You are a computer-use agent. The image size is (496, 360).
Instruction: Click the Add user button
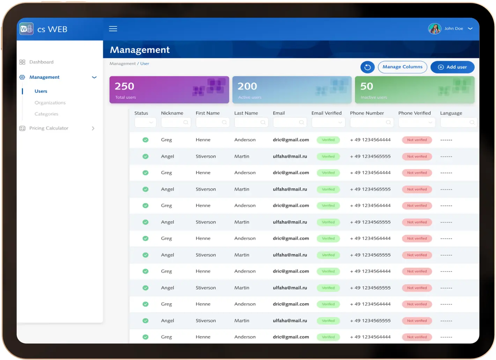[452, 67]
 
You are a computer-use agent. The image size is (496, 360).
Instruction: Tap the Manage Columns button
[402, 67]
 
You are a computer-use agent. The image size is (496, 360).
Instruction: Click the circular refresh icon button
[368, 67]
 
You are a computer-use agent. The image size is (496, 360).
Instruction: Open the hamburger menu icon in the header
[113, 29]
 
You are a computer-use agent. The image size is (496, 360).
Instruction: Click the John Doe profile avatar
[435, 29]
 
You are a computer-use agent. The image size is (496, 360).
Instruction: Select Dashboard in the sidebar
[41, 62]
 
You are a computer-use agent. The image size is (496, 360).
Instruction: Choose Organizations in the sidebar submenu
[50, 103]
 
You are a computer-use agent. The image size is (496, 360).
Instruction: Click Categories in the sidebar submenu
[46, 114]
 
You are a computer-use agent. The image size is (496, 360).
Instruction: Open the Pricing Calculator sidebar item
[49, 128]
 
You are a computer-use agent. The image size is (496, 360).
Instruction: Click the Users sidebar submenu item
[41, 91]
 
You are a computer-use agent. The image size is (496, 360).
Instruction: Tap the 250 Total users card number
[125, 86]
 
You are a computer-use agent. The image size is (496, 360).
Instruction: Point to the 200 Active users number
[247, 86]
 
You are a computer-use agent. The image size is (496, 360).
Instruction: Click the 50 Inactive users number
[367, 86]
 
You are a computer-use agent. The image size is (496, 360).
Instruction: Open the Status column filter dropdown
[146, 123]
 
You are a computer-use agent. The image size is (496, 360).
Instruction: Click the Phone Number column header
[367, 113]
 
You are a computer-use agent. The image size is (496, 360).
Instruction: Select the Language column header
[451, 113]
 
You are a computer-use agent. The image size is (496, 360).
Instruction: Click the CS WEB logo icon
[27, 29]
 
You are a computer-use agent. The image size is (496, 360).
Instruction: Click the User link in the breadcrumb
[145, 64]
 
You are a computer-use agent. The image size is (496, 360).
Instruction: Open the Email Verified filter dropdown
[328, 123]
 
